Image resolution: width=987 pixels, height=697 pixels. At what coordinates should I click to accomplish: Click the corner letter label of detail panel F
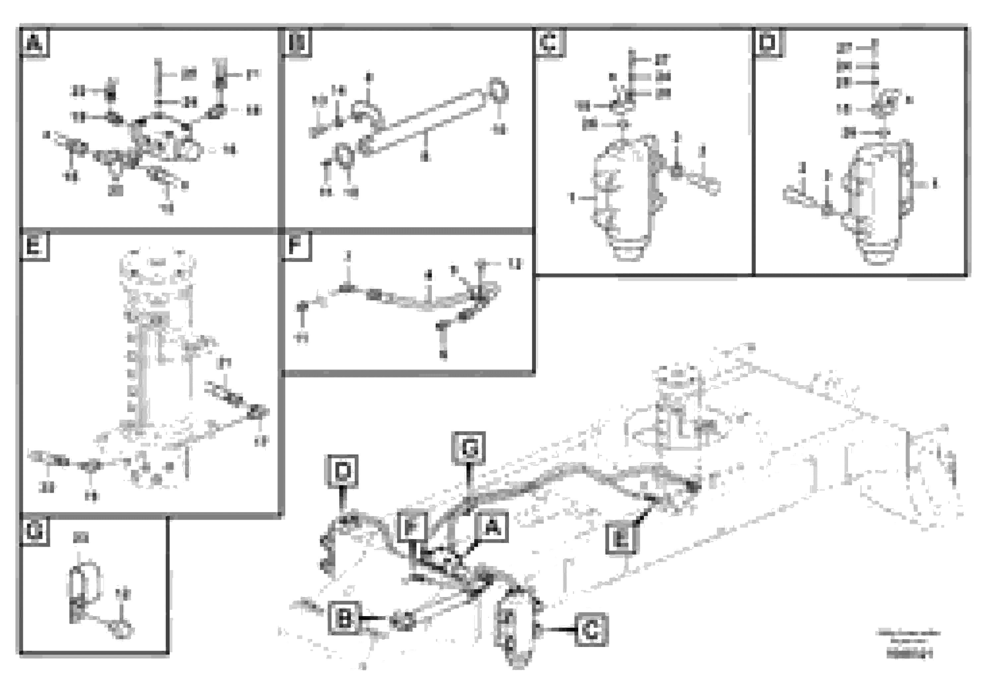pyautogui.click(x=296, y=247)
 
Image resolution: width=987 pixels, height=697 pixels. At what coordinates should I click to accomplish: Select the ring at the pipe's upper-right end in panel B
pyautogui.click(x=498, y=90)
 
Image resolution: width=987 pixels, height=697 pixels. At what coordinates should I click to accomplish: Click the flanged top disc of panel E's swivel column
pyautogui.click(x=158, y=262)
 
